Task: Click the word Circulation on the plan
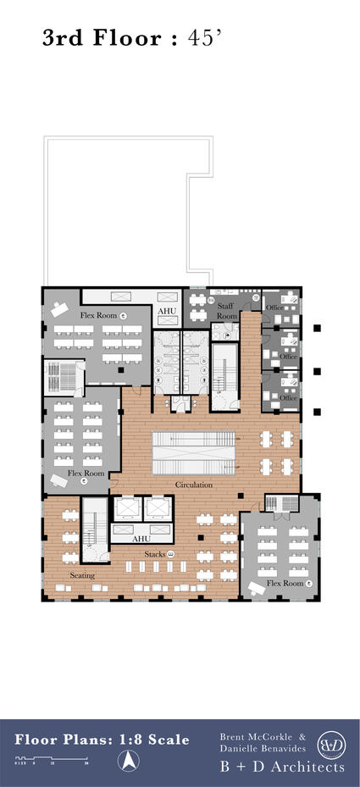(x=194, y=485)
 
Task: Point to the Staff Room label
(x=226, y=311)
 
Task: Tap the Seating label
(x=82, y=575)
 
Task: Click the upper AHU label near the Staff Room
(x=167, y=311)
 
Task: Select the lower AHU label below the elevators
(x=142, y=539)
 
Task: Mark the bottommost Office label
(x=289, y=397)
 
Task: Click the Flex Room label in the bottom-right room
(x=284, y=583)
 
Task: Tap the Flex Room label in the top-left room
(x=98, y=315)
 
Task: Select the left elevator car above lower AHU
(x=128, y=508)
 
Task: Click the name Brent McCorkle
(x=257, y=737)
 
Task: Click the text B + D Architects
(x=282, y=767)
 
